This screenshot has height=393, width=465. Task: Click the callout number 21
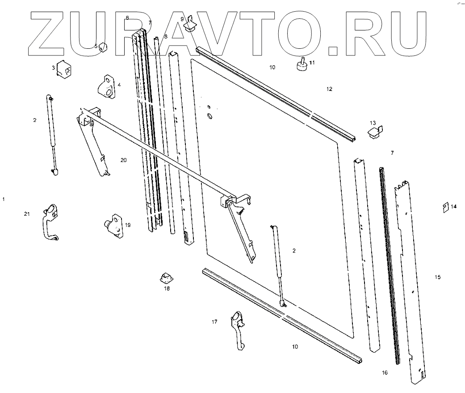(x=27, y=214)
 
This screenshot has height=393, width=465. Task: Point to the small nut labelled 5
(x=103, y=47)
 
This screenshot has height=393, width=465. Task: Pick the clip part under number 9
(x=192, y=26)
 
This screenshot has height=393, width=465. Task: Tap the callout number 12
(x=329, y=89)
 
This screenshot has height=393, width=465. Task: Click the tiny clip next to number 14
(x=445, y=206)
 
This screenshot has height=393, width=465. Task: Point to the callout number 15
(x=438, y=278)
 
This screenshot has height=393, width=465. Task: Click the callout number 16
(x=385, y=372)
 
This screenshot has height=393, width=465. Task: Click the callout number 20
(x=124, y=160)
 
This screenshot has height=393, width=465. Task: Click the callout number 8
(x=165, y=36)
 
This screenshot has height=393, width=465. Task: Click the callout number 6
(x=127, y=18)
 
